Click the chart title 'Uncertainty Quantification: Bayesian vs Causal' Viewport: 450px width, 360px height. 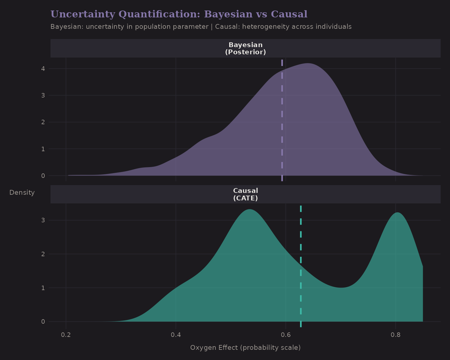point(179,14)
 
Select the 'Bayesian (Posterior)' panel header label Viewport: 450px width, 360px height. point(245,48)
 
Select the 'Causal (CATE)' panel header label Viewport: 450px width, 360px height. point(245,194)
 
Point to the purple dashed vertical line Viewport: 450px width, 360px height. point(282,120)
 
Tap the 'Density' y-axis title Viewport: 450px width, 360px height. point(22,193)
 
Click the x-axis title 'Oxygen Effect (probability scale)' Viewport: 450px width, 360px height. point(245,348)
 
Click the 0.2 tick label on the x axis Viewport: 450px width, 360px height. point(66,335)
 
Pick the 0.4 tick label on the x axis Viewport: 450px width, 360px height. point(176,335)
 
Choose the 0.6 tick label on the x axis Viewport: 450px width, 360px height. point(286,335)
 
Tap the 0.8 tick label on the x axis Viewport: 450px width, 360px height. point(396,335)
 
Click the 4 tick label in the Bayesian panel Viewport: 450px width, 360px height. point(43,69)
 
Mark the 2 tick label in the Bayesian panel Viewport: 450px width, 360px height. point(43,122)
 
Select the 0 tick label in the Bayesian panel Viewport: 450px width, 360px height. point(43,176)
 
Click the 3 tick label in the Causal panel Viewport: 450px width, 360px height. point(43,220)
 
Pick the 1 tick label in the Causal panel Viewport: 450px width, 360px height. point(43,288)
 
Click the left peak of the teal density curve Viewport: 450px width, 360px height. point(249,209)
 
